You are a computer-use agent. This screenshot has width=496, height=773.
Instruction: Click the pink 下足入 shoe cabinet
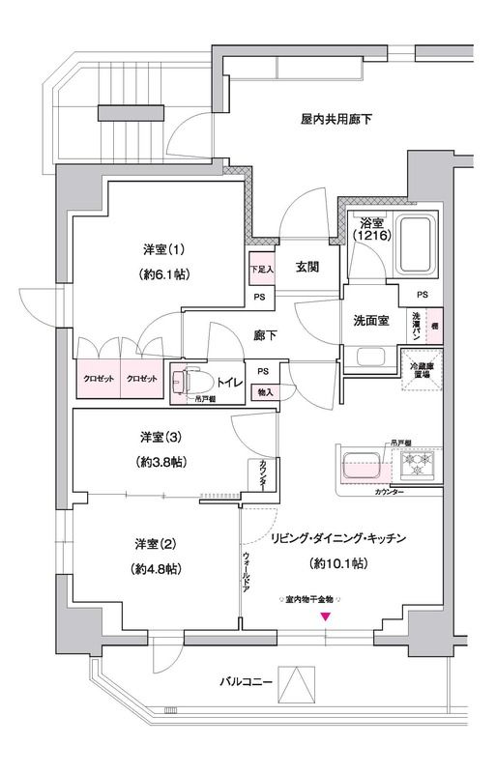point(262,269)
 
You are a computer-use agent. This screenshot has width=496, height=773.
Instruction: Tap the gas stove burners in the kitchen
point(422,467)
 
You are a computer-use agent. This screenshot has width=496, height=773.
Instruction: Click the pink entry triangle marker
point(326,616)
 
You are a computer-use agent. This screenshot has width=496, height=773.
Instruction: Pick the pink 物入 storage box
point(263,391)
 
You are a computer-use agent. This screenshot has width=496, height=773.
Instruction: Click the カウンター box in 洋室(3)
point(264,473)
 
